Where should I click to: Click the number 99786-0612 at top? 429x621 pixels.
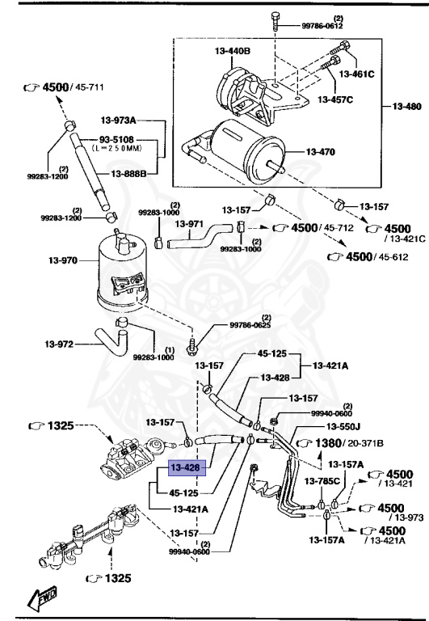point(323,26)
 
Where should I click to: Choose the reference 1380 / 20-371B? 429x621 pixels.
point(340,443)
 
